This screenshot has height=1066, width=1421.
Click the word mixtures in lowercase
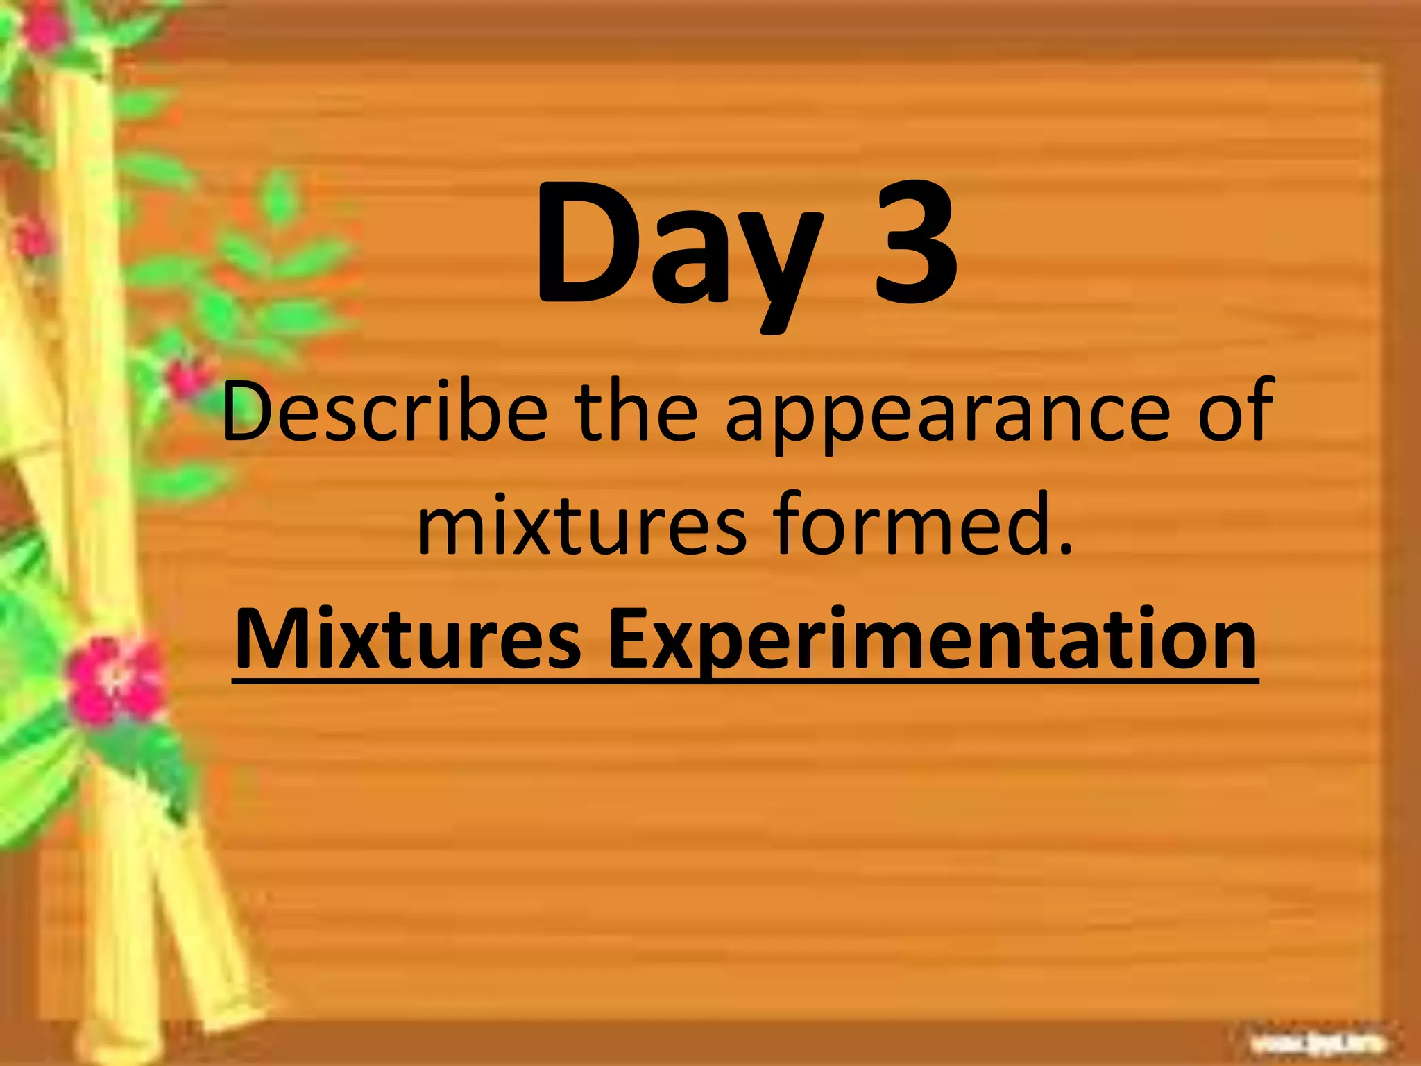click(583, 526)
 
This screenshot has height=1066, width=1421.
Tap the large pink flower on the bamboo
click(114, 680)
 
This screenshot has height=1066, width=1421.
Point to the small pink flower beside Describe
click(187, 378)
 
